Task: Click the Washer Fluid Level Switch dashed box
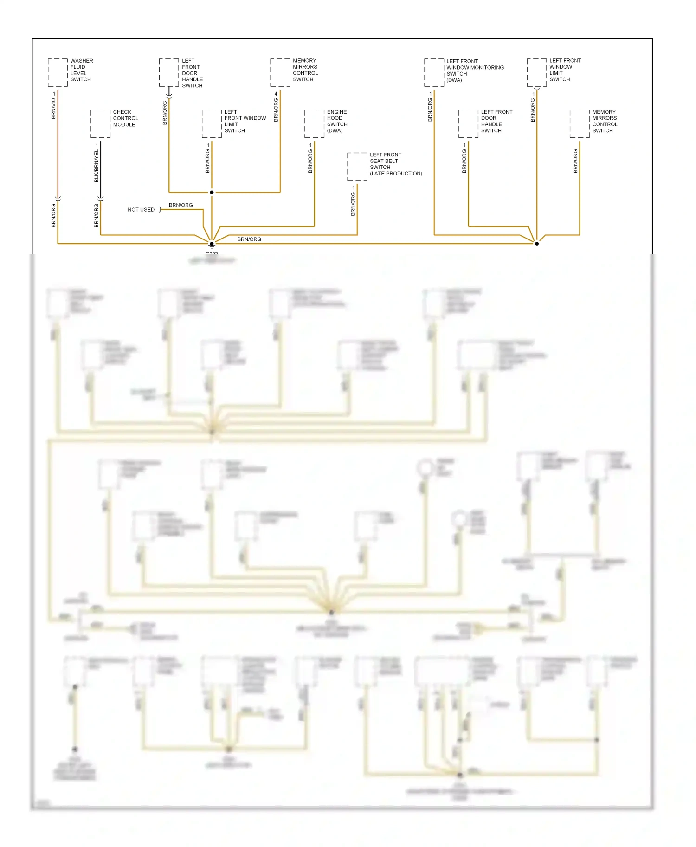point(58,72)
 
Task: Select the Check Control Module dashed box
point(100,124)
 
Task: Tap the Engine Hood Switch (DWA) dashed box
point(314,124)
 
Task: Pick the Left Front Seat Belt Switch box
point(357,167)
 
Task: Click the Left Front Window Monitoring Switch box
point(434,72)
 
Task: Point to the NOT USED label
point(141,210)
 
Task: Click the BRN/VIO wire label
point(53,109)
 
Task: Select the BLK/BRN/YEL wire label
point(97,166)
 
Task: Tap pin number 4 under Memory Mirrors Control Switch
point(276,94)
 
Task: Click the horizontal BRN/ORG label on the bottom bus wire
point(249,239)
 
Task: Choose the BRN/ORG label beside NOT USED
point(180,205)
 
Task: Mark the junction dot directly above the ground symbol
point(212,244)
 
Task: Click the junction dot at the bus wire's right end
point(537,244)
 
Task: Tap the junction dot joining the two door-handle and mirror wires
point(212,192)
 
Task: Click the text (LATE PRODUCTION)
point(396,174)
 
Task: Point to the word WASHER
point(82,61)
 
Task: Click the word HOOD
point(335,118)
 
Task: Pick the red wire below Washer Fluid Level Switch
point(58,144)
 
